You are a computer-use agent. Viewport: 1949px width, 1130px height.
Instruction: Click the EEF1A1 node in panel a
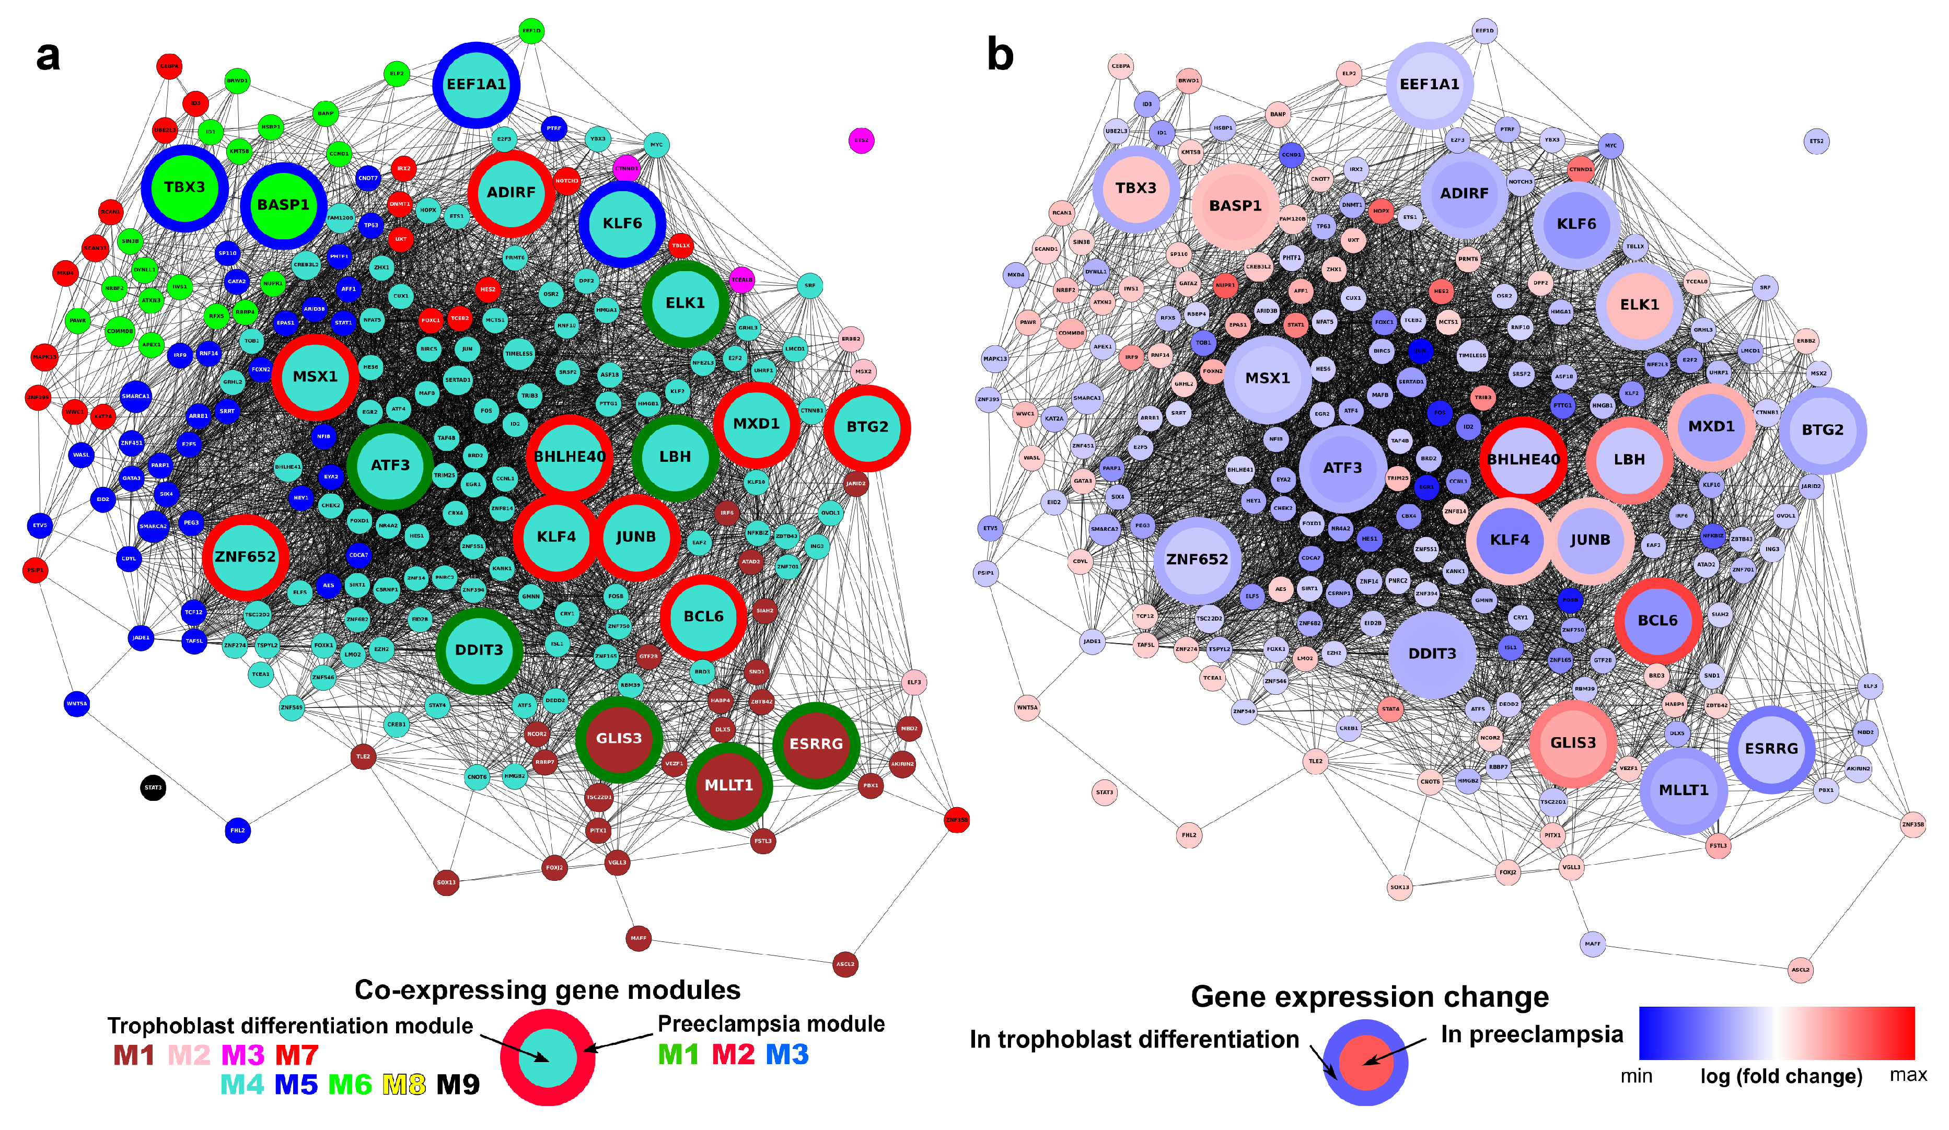click(x=477, y=84)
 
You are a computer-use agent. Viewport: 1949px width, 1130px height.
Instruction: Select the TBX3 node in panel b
click(x=1135, y=188)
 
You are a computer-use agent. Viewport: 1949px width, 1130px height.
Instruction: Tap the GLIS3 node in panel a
click(x=619, y=739)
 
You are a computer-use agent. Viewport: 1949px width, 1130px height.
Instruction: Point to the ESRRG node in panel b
click(x=1771, y=749)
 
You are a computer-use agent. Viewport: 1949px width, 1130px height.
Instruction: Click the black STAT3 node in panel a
click(x=153, y=788)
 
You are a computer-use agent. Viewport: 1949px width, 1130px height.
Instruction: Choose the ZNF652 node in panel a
click(x=245, y=557)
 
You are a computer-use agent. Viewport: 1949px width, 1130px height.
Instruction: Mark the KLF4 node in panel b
click(x=1509, y=540)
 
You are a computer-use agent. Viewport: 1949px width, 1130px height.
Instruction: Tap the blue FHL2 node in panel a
click(x=237, y=831)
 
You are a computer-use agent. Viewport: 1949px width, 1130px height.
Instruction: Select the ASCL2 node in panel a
click(x=845, y=964)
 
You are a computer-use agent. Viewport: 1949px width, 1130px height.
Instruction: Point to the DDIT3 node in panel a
click(x=479, y=650)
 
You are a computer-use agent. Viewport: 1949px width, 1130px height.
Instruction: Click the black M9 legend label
click(x=458, y=1085)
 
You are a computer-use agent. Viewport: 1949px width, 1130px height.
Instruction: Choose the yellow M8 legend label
click(x=404, y=1085)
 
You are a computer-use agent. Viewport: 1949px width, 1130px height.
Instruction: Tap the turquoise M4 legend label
click(x=242, y=1085)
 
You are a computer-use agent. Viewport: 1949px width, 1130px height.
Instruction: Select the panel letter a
click(x=48, y=56)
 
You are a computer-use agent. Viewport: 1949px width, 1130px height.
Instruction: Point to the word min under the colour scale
click(x=1637, y=1076)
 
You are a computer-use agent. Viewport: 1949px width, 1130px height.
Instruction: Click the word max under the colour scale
click(x=1908, y=1075)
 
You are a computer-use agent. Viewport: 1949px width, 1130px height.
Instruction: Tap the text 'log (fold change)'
click(x=1780, y=1077)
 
